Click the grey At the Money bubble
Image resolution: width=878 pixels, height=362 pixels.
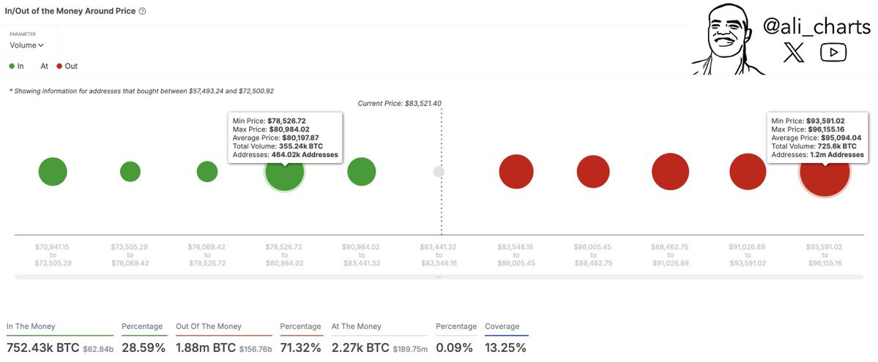click(x=439, y=172)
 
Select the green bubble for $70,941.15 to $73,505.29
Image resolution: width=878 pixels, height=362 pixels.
click(x=53, y=172)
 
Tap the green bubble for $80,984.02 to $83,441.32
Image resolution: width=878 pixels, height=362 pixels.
click(x=362, y=172)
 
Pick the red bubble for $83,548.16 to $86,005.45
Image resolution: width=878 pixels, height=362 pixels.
click(x=516, y=172)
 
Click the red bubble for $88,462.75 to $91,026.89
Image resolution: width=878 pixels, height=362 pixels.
click(x=670, y=172)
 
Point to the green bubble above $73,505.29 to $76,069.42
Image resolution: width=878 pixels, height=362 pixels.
click(x=130, y=172)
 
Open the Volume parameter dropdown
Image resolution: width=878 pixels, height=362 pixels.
click(x=26, y=45)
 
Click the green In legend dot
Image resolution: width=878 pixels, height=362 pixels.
click(x=12, y=66)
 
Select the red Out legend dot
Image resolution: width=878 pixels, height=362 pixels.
click(x=59, y=66)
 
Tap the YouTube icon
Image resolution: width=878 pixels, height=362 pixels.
click(x=833, y=52)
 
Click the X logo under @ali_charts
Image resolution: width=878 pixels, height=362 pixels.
click(x=794, y=52)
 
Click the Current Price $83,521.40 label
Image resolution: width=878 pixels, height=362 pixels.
click(x=400, y=104)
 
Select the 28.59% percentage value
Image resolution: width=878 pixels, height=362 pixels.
click(x=144, y=348)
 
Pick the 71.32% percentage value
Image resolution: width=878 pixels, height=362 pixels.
click(x=301, y=348)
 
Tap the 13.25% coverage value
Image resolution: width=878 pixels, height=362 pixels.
click(x=505, y=348)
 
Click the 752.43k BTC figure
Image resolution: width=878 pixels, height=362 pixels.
click(x=42, y=348)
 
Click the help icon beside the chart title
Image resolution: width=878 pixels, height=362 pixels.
click(x=142, y=11)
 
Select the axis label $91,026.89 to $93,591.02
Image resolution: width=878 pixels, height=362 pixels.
click(x=748, y=254)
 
